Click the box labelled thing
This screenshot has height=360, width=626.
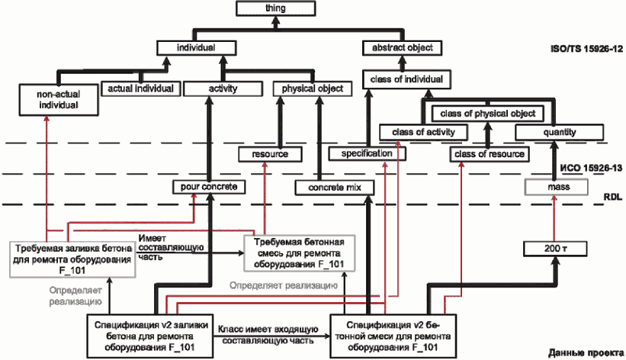(x=275, y=8)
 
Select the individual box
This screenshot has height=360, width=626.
(x=196, y=48)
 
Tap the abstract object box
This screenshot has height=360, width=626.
(x=403, y=48)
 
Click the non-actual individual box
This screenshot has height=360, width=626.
(x=59, y=100)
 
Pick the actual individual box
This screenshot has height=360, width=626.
(x=140, y=88)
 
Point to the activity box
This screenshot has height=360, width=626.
(x=223, y=88)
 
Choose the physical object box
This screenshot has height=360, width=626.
(x=313, y=88)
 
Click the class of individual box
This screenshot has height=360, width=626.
(x=406, y=79)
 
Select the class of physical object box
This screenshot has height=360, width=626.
(x=488, y=114)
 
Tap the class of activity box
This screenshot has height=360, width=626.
(x=423, y=132)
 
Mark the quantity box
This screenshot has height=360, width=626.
(x=560, y=132)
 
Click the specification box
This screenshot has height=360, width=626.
(x=367, y=154)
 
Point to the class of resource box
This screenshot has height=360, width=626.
(x=490, y=154)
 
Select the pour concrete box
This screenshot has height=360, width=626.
(x=209, y=187)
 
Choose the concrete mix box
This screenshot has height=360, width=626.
(x=335, y=188)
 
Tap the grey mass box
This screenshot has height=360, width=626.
(x=557, y=187)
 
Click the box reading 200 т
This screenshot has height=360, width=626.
(x=555, y=249)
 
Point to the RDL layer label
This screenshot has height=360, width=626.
(x=613, y=198)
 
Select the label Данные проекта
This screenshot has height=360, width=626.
(x=586, y=353)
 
